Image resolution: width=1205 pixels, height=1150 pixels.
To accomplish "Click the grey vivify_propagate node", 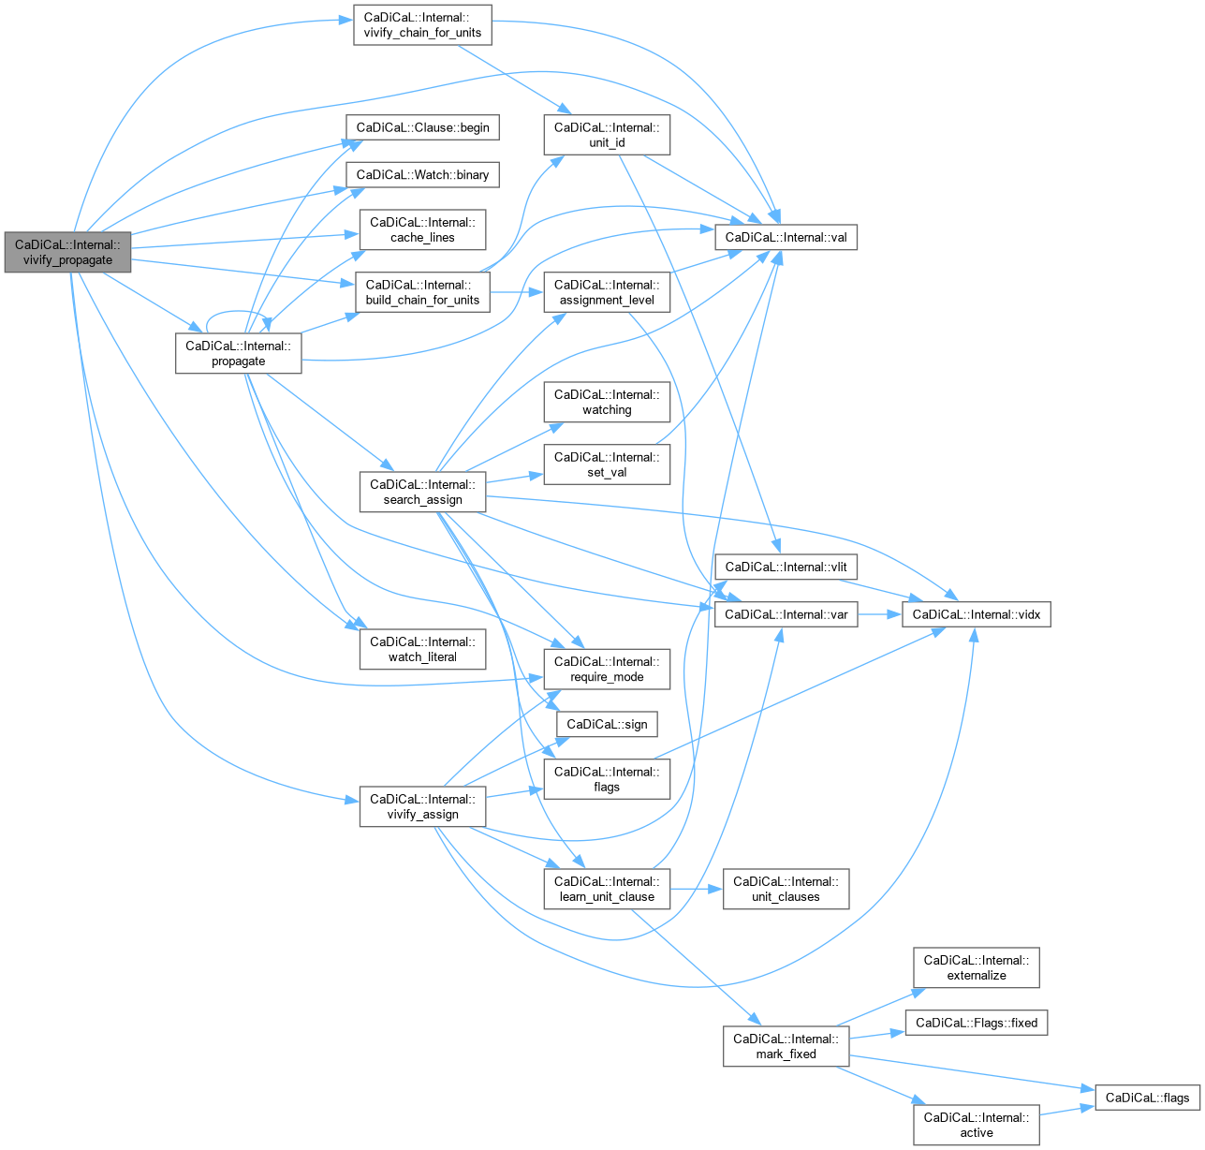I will [67, 252].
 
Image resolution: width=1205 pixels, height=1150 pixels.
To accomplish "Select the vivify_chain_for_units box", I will [422, 25].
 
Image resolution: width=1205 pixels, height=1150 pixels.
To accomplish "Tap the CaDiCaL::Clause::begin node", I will [422, 127].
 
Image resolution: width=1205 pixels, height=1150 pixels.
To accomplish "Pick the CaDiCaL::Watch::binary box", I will [422, 175].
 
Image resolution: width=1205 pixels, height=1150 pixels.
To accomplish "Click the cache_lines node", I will [422, 229].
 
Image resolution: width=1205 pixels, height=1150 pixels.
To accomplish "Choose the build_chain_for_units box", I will [422, 292].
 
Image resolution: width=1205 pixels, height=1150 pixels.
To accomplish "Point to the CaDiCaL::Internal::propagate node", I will [239, 353].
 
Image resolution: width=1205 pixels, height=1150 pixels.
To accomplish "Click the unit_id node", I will [607, 135].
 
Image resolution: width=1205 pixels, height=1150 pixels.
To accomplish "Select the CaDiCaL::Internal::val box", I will [786, 237].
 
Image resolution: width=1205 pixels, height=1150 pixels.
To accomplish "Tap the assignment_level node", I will [607, 292].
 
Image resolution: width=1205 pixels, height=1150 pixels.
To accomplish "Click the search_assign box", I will [422, 492].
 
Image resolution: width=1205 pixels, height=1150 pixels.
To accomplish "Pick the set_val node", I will [607, 464].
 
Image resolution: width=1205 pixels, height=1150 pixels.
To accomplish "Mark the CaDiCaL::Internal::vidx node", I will [976, 614].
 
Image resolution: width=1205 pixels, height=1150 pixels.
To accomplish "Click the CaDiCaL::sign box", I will [607, 724].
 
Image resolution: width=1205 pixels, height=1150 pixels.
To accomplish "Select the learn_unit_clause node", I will [607, 889].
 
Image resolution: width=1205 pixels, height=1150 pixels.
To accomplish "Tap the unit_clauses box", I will [786, 889].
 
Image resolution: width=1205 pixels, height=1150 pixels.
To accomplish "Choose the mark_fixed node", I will [786, 1046].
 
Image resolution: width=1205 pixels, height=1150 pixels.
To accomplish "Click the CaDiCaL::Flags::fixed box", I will [976, 1023].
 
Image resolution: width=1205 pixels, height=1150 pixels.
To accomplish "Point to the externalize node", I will [976, 967].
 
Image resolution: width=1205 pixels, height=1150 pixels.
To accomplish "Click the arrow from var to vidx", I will [879, 614].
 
